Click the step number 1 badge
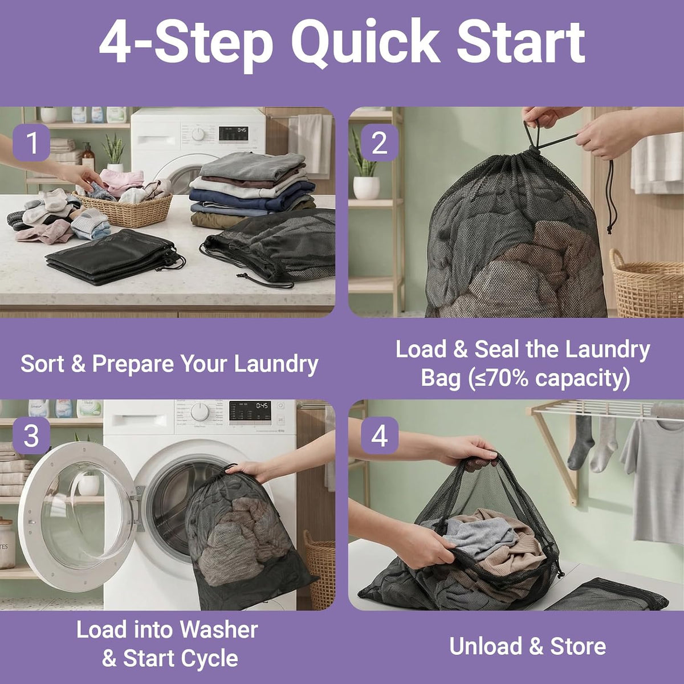[x=31, y=142]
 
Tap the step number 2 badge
[x=380, y=142]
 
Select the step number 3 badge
[x=31, y=435]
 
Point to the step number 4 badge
[x=380, y=435]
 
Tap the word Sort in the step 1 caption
[x=43, y=364]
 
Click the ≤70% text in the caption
[x=503, y=378]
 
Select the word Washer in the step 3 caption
[x=219, y=630]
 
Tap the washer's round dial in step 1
[x=198, y=134]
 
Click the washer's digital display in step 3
[x=250, y=411]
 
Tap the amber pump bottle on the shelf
[x=88, y=156]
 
